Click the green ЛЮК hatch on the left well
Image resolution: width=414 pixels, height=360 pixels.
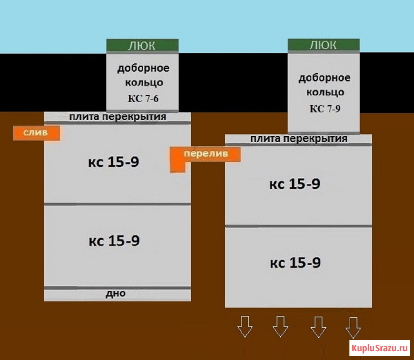[x=142, y=46]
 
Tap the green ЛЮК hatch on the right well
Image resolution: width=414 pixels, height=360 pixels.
[x=323, y=45]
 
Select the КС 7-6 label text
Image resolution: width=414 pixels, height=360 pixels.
[x=143, y=99]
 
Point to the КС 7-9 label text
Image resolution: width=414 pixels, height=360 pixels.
[x=325, y=109]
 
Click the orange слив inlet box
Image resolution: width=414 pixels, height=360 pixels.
[x=36, y=133]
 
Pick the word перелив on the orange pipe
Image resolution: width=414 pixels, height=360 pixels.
[x=206, y=153]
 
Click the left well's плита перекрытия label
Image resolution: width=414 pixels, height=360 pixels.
[x=118, y=116]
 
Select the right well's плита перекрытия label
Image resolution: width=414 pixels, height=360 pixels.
[x=298, y=139]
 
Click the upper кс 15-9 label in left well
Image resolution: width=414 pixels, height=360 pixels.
[x=113, y=162]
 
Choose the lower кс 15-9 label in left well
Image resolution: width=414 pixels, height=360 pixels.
[x=114, y=241]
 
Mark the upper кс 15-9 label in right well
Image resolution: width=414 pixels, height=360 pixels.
[x=295, y=184]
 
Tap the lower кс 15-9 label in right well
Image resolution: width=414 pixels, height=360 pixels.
[x=295, y=263]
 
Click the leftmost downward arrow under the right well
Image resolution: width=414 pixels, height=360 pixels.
[x=245, y=326]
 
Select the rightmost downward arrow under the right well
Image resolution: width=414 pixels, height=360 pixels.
[x=353, y=328]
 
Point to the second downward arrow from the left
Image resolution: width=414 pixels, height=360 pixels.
[x=280, y=326]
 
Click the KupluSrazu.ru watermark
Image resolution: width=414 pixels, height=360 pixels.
[x=380, y=348]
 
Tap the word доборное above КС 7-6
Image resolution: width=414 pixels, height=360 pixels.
[x=143, y=68]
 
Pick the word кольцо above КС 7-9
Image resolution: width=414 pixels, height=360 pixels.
[x=325, y=92]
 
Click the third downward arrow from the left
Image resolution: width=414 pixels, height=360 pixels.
[x=318, y=327]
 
